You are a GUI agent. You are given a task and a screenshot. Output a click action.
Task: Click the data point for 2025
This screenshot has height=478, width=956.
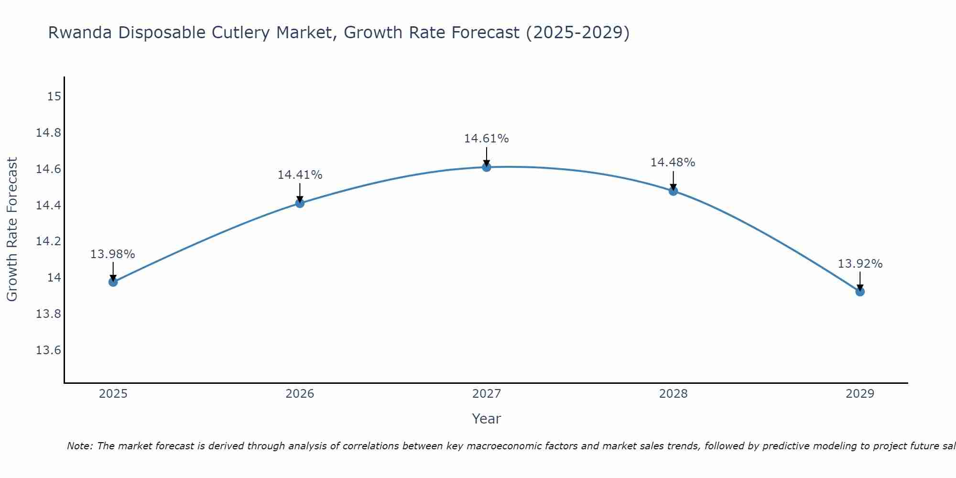coord(113,282)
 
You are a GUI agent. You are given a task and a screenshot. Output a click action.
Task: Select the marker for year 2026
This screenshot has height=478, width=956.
coord(300,203)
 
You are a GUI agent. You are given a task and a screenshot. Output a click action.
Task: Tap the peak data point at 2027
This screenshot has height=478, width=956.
coord(487,167)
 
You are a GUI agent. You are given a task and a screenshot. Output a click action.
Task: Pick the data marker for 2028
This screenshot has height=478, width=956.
coord(673,191)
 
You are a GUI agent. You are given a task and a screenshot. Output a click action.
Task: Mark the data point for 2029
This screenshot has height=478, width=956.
coord(860,292)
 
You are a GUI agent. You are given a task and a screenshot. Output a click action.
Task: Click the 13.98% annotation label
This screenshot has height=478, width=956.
coord(113,254)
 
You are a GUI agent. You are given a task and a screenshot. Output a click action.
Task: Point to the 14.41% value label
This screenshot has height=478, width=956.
coord(300,175)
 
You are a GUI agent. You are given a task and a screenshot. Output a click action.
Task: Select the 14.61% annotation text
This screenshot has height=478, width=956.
coord(487,139)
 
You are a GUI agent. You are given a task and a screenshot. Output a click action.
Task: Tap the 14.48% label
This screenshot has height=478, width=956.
coord(673,163)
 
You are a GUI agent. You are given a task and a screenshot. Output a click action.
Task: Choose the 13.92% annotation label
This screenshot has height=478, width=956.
coord(860,264)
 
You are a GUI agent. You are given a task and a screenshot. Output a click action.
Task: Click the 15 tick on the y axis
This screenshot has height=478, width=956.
coord(54,97)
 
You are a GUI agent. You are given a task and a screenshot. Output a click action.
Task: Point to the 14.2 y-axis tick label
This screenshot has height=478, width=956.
coord(49,241)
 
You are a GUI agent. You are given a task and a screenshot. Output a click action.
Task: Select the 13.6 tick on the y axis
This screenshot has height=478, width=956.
coord(49,350)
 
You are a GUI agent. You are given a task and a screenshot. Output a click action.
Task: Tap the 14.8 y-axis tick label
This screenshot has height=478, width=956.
coord(49,133)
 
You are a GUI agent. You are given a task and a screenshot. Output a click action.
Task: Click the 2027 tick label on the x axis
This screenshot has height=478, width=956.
coord(487,394)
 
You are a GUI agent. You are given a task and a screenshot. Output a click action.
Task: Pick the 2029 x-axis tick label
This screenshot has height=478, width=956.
coord(860,394)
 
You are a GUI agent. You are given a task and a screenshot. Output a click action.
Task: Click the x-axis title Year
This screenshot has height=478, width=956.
coord(487,419)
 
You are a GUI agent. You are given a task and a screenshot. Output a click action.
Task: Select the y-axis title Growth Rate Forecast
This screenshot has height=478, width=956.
coord(12,229)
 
